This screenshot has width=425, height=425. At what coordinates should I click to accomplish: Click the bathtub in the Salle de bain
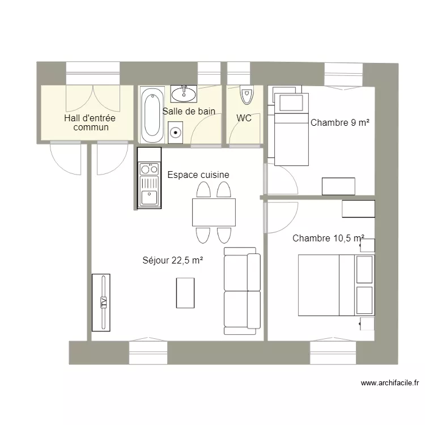pyautogui.click(x=150, y=115)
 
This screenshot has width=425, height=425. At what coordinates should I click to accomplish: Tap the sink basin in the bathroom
pyautogui.click(x=184, y=93)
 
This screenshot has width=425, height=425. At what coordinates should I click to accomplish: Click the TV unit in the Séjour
pyautogui.click(x=101, y=303)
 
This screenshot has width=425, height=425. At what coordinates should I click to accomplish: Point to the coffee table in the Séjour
pyautogui.click(x=185, y=293)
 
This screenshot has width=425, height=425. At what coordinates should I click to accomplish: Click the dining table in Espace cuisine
pyautogui.click(x=214, y=212)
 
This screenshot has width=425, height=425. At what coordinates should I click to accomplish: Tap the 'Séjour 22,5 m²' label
pyautogui.click(x=173, y=261)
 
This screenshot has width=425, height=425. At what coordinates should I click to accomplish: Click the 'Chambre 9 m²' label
pyautogui.click(x=340, y=122)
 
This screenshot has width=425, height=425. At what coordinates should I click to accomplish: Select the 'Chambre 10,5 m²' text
pyautogui.click(x=328, y=239)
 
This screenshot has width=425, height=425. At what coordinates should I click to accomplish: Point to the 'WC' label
pyautogui.click(x=244, y=118)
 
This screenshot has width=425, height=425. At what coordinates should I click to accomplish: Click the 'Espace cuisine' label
pyautogui.click(x=198, y=175)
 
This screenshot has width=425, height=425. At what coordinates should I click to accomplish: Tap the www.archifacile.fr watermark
pyautogui.click(x=390, y=384)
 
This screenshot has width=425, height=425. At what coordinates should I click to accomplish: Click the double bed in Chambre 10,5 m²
pyautogui.click(x=336, y=285)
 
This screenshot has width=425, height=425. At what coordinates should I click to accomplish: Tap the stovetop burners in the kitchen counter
pyautogui.click(x=150, y=168)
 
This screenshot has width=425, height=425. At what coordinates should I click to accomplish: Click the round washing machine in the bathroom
pyautogui.click(x=176, y=133)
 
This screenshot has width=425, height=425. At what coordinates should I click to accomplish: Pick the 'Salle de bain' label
pyautogui.click(x=189, y=112)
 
